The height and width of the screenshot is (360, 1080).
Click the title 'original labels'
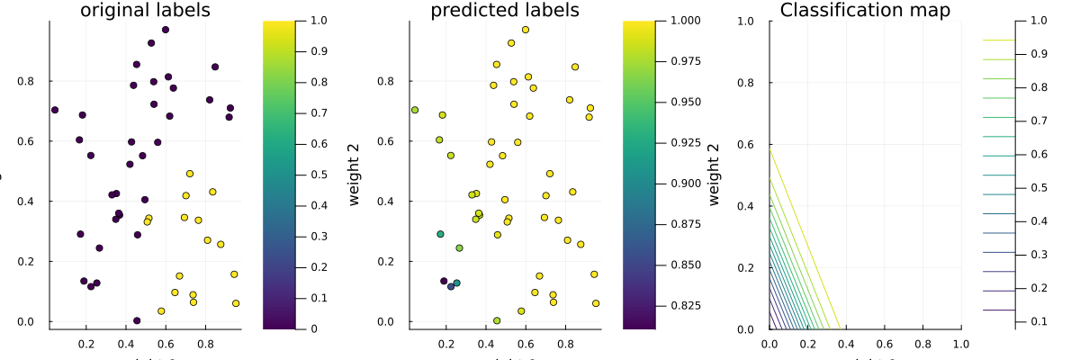click(145, 11)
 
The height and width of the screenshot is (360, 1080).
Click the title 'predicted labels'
click(505, 11)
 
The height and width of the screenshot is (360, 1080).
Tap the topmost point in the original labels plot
click(166, 30)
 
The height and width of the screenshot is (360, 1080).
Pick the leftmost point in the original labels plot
click(55, 110)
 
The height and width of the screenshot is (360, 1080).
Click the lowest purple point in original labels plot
click(137, 320)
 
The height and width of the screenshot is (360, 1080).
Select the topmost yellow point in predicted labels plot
click(526, 30)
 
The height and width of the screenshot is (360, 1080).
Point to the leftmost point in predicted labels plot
click(415, 110)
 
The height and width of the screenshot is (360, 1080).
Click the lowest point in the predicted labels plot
click(497, 320)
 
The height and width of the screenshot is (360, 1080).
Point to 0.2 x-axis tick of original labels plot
click(86, 343)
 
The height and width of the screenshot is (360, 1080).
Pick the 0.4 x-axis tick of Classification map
click(846, 343)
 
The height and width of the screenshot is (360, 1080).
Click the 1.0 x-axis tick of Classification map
click(961, 343)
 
